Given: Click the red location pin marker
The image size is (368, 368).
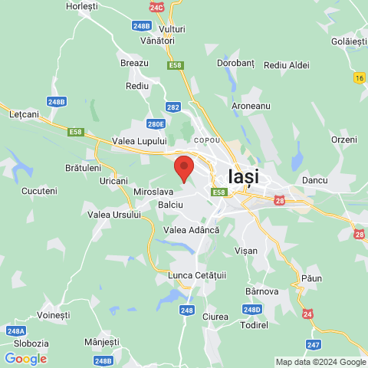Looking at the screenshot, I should coord(184,167).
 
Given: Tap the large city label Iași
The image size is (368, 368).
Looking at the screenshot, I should coord(244,176).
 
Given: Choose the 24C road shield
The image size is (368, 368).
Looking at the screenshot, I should coord(157,7).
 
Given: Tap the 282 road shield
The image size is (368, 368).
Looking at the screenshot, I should coord(173,107).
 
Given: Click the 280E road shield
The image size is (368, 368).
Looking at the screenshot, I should coord(156,123).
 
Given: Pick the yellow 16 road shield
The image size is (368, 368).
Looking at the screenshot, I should coord(360,77).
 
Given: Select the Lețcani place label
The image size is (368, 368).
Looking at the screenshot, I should coord(24,114).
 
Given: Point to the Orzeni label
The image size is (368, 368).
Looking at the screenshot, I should coord(344,140).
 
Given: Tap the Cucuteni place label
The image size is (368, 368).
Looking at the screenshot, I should coord(39,190).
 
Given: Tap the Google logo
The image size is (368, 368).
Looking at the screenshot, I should coord(25,358).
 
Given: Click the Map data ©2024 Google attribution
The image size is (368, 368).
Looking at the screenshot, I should coord(320,362).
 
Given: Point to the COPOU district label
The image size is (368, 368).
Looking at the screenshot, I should coord(207,141).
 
